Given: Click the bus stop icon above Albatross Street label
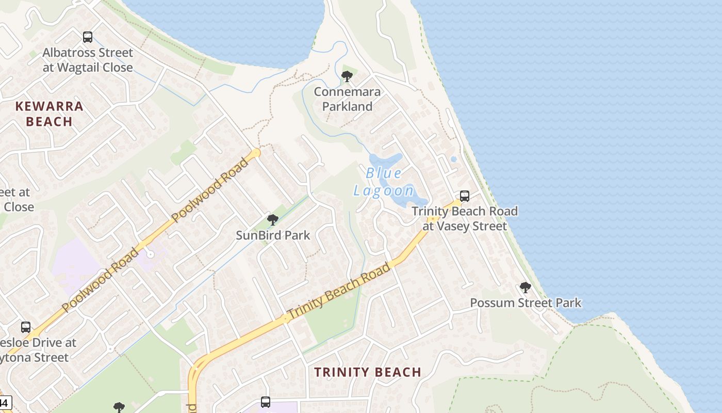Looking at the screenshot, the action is [x=88, y=37].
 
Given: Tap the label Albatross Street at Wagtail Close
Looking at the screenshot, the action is [x=88, y=60].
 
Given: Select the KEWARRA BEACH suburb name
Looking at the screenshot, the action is [x=49, y=114].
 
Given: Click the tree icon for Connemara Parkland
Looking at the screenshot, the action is [x=347, y=77].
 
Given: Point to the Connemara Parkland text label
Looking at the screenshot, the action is [x=347, y=99].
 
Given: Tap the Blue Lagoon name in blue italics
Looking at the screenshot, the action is [x=384, y=182].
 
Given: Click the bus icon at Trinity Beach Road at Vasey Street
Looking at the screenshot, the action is [x=465, y=196].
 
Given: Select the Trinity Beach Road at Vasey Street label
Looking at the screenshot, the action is [x=465, y=218].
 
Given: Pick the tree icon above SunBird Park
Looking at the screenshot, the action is [x=273, y=220].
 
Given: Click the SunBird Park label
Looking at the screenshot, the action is [x=273, y=235].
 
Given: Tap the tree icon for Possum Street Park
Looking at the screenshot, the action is [x=526, y=288].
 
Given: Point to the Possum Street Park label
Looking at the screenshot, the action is [x=526, y=303].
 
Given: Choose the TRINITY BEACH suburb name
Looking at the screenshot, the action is [x=368, y=372].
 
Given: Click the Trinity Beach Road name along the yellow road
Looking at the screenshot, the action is [x=339, y=291].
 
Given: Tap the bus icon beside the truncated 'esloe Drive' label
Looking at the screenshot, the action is [x=26, y=327].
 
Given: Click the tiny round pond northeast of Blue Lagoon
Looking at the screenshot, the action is [x=453, y=159].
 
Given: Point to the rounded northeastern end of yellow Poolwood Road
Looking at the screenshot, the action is [x=256, y=153].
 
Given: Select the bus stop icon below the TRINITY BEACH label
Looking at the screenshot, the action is [x=266, y=402].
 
